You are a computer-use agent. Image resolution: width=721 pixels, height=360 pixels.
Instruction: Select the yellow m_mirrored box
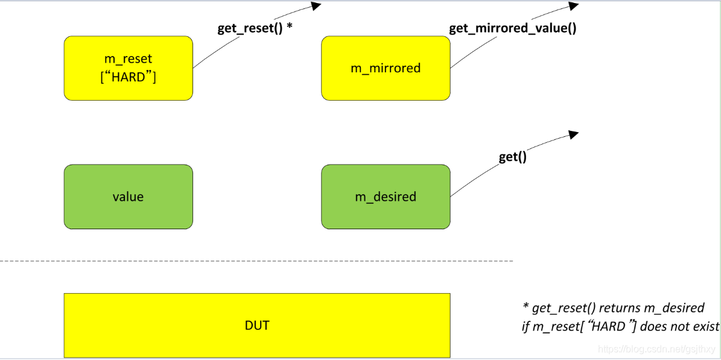[x=385, y=68]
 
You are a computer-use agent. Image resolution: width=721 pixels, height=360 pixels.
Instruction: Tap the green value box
[x=128, y=197]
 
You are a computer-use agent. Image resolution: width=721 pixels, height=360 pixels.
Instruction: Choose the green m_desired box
[x=385, y=197]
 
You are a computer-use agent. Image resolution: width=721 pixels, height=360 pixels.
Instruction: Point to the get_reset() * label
[x=255, y=28]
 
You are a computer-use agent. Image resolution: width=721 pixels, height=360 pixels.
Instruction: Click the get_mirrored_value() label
[x=512, y=28]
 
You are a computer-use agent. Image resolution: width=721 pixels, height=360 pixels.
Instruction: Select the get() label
[x=512, y=157]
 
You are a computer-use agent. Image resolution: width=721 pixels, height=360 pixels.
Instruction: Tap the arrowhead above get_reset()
[x=316, y=5]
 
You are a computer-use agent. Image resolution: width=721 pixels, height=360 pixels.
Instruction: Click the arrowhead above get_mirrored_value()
[x=573, y=5]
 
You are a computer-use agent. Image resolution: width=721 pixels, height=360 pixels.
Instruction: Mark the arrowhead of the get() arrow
[x=573, y=134]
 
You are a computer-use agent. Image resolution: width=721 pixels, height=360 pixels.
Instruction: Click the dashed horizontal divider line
[x=256, y=261]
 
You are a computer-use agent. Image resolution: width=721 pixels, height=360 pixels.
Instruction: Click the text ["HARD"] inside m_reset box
[x=128, y=77]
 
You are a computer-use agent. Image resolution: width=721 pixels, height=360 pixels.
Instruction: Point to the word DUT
[x=257, y=326]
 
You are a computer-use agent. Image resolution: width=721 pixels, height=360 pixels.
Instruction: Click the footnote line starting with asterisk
[x=612, y=308]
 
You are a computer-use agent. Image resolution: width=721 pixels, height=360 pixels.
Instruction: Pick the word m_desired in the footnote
[x=672, y=308]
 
